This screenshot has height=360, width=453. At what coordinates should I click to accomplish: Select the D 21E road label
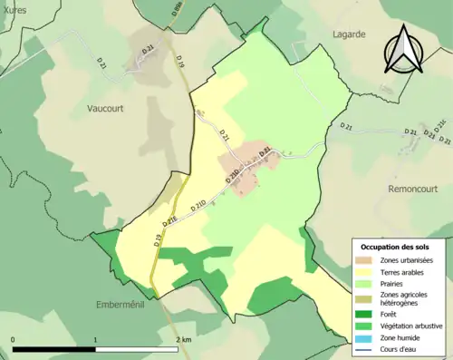[x=171, y=219]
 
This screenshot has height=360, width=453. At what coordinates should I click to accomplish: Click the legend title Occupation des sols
[x=396, y=247]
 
